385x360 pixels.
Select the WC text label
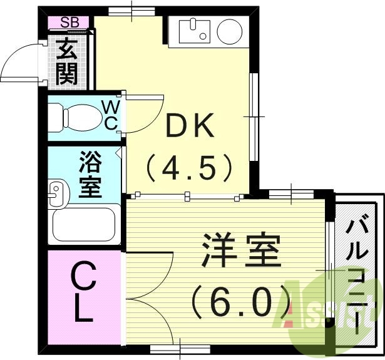110,114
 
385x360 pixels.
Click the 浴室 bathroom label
90,178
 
